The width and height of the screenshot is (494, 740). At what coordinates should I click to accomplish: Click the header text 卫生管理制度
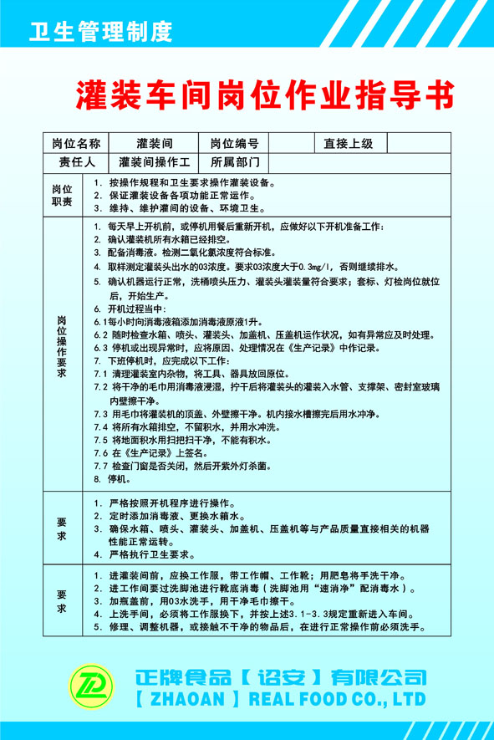100,33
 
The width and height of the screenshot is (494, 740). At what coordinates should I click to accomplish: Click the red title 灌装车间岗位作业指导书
265,94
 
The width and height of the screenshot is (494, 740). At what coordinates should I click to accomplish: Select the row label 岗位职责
62,195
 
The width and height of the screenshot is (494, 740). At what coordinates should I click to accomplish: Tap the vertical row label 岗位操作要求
62,347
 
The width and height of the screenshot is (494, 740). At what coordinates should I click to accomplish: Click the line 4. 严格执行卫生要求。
145,554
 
